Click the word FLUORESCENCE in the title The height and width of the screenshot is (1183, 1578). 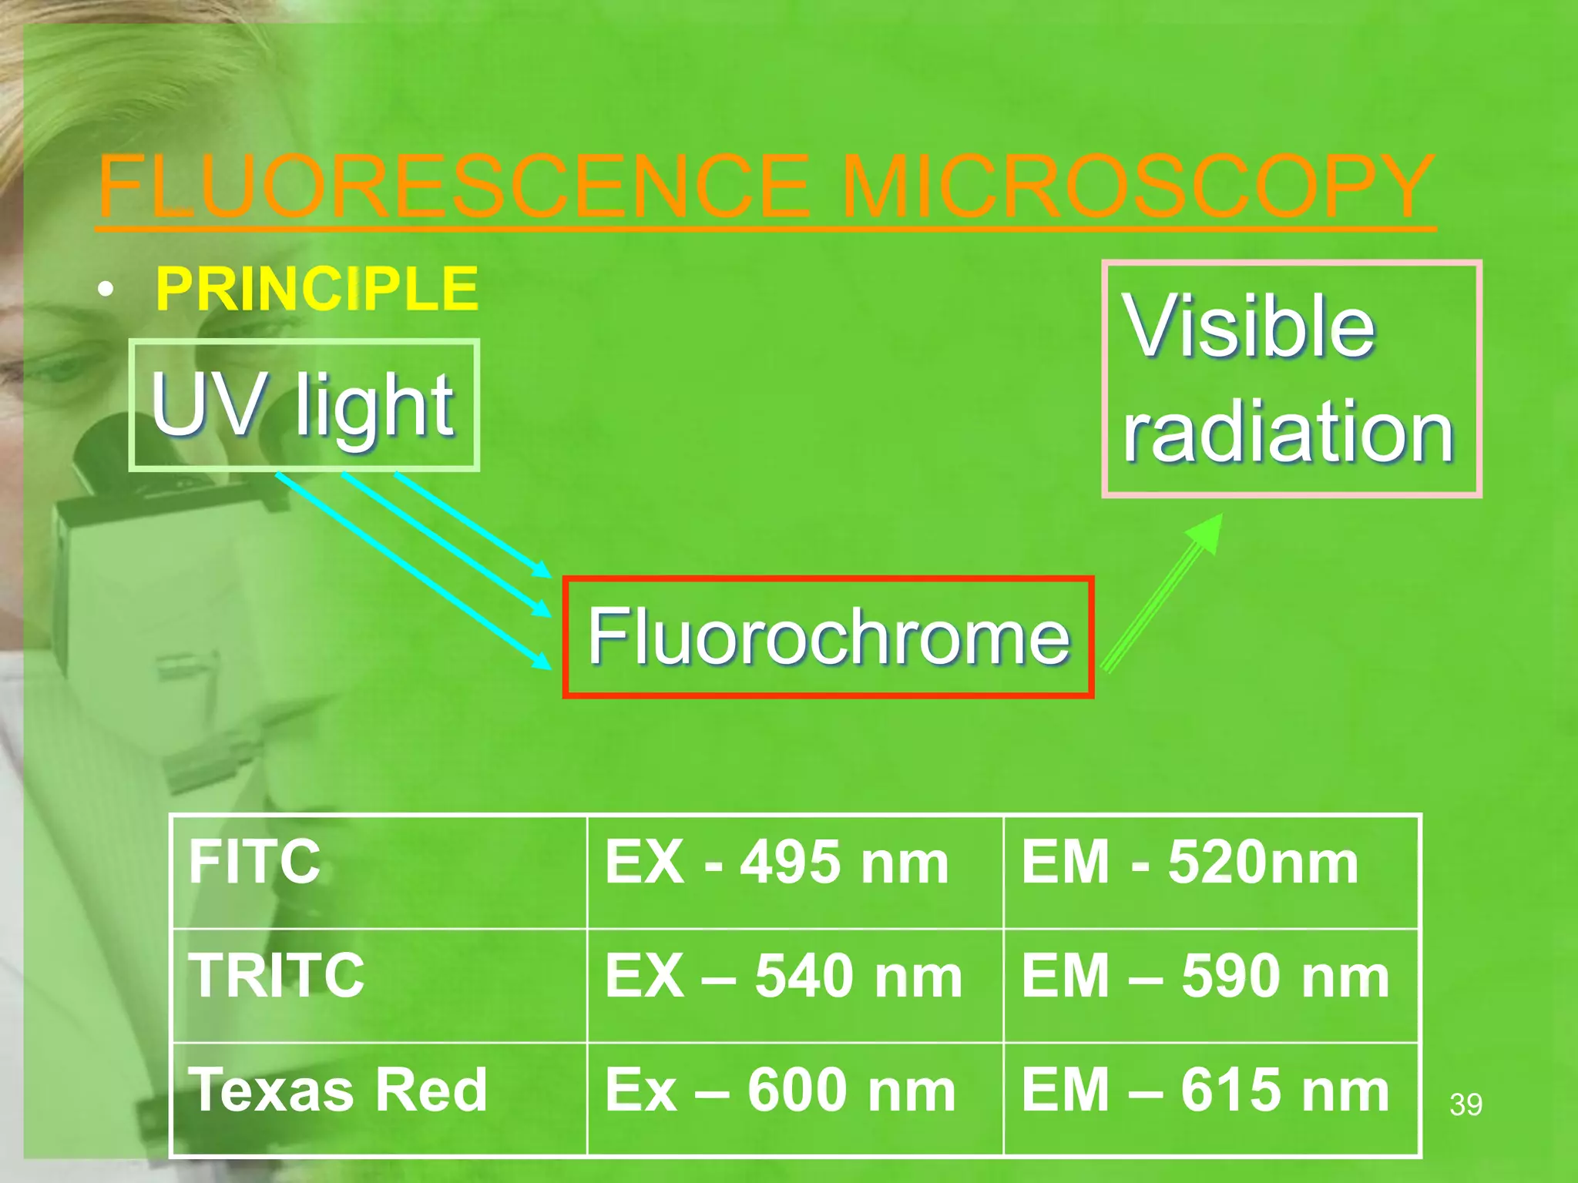coord(455,187)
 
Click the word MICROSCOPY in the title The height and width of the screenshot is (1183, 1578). coord(1137,187)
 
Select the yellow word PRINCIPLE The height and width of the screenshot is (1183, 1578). coord(317,289)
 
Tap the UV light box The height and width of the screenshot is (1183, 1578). coord(304,404)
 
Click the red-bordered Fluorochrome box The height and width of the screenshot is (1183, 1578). coord(828,637)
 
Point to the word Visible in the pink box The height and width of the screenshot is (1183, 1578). coord(1250,326)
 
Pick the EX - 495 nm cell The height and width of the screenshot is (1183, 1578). coord(795,870)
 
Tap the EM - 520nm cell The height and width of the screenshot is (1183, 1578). coord(1211,870)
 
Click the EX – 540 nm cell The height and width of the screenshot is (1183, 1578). coord(795,984)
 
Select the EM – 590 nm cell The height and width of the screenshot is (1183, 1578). coord(1211,984)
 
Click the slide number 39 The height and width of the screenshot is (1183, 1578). coord(1466,1104)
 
